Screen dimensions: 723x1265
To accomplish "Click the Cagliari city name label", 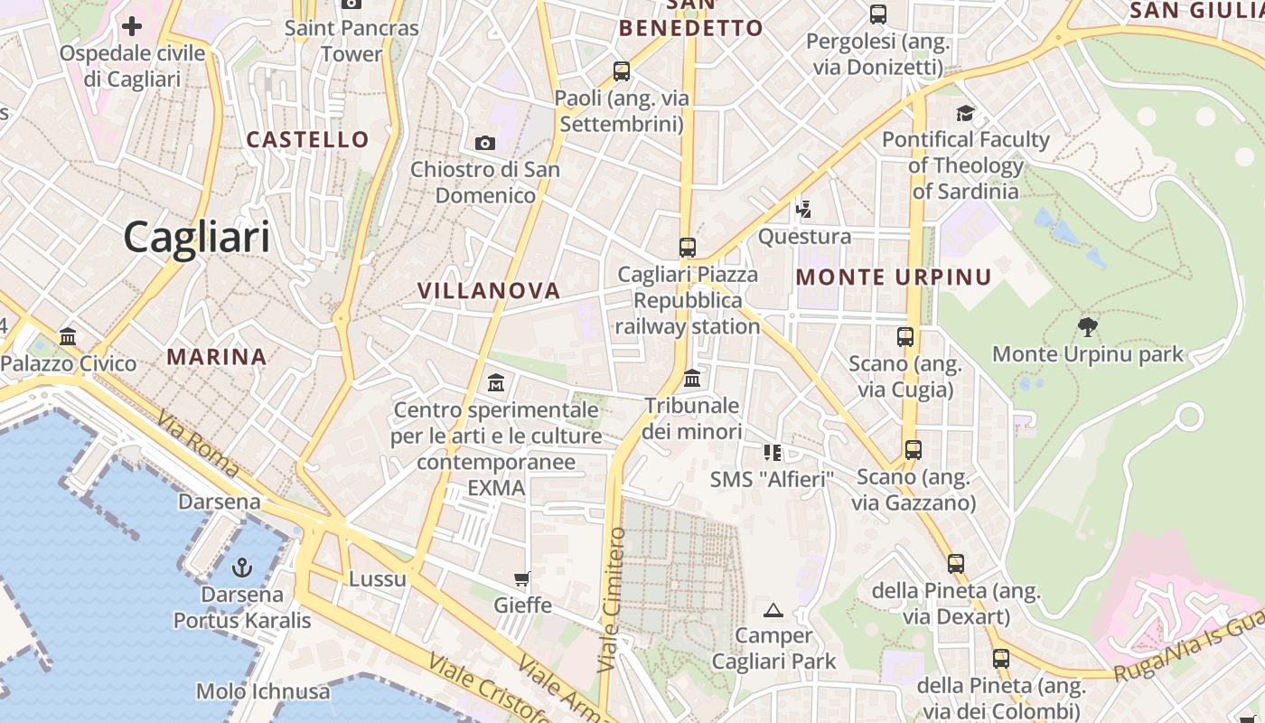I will pyautogui.click(x=197, y=237).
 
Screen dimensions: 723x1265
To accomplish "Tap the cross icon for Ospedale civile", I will pyautogui.click(x=132, y=26).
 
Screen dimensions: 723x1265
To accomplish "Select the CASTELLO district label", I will pyautogui.click(x=308, y=139).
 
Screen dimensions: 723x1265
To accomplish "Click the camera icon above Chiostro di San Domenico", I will pyautogui.click(x=485, y=143).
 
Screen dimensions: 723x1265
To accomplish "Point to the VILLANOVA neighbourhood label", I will pyautogui.click(x=489, y=290).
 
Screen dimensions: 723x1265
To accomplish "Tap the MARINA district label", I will pyautogui.click(x=217, y=357).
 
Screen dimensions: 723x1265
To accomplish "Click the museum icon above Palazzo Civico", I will pyautogui.click(x=68, y=337).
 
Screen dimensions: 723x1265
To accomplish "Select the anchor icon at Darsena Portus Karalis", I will pyautogui.click(x=241, y=568).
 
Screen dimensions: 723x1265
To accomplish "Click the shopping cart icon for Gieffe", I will pyautogui.click(x=522, y=578).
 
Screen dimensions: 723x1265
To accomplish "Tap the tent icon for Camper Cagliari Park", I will pyautogui.click(x=773, y=610).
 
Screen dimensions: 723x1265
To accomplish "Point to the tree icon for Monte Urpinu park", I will pyautogui.click(x=1088, y=327).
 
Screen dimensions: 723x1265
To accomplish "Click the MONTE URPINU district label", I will pyautogui.click(x=894, y=277).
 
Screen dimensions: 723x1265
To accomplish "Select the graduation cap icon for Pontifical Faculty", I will pyautogui.click(x=966, y=113).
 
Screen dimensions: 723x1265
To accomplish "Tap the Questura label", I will pyautogui.click(x=804, y=237).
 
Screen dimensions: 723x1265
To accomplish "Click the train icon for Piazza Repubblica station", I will pyautogui.click(x=688, y=247).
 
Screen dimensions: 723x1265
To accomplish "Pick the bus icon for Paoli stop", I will pyautogui.click(x=622, y=70).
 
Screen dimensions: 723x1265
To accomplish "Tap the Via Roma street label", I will pyautogui.click(x=197, y=444).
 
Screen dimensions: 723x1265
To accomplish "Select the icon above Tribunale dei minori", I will pyautogui.click(x=692, y=378).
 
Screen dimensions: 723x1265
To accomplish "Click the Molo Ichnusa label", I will pyautogui.click(x=263, y=691).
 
